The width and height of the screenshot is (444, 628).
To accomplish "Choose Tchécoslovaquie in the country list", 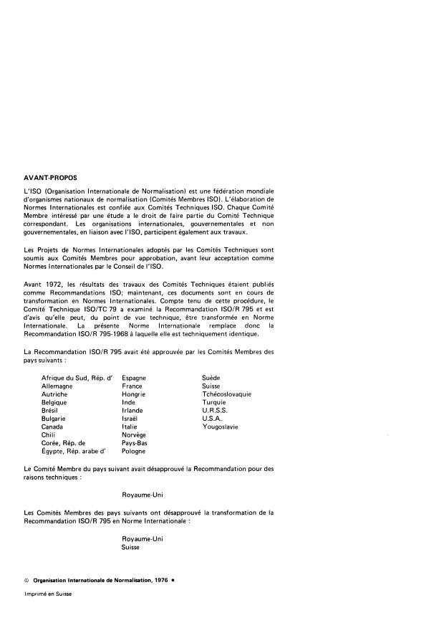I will point(226,394).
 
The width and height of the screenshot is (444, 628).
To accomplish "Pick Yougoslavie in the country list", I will point(221,427).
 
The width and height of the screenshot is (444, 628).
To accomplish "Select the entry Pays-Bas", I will point(135,443).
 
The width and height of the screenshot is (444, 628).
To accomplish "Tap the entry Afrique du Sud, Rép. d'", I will point(77,377).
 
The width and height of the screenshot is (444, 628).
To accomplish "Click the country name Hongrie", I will point(134,394).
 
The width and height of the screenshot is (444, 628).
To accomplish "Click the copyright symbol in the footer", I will point(26,581).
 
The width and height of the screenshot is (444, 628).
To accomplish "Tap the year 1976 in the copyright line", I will point(160,581).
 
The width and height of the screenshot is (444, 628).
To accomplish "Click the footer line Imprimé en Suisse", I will point(48,594).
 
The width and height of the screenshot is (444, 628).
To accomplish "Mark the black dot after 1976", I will point(173,581).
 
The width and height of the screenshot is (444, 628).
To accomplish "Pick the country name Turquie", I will point(214,401).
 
